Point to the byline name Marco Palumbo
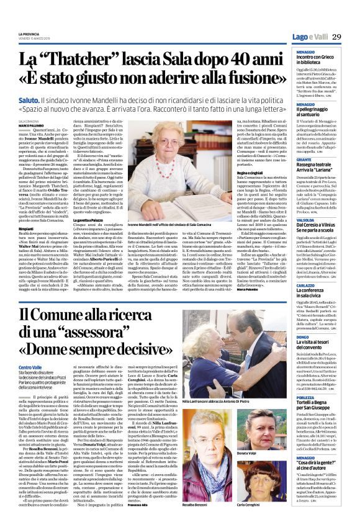(x=32, y=125)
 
